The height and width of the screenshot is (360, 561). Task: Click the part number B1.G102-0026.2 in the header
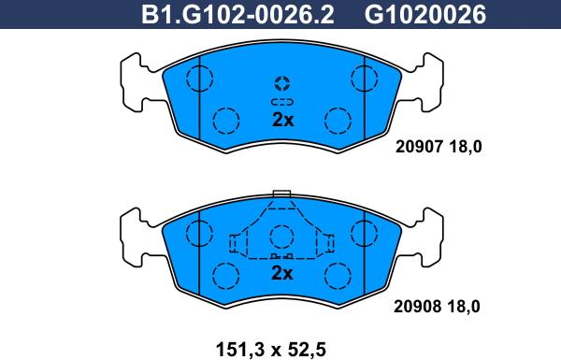[x=237, y=15]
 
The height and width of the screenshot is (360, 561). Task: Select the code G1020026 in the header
[x=425, y=15]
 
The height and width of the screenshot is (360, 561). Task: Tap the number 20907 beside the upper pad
[x=419, y=147]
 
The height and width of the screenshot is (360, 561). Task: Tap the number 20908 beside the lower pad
[x=418, y=307]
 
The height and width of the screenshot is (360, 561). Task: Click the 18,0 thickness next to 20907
[x=466, y=147]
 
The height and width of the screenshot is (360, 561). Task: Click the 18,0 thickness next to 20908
[x=464, y=307]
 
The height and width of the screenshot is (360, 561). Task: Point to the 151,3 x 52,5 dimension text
[x=271, y=350]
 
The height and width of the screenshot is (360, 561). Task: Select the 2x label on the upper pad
[x=282, y=120]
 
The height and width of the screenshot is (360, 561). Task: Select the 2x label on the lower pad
[x=282, y=273]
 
